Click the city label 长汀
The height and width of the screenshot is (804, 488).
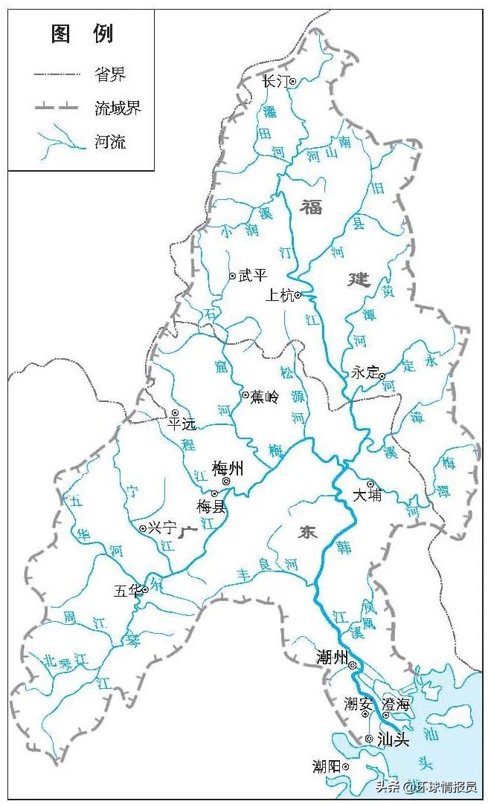[275, 82]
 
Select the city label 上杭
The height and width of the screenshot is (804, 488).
[280, 296]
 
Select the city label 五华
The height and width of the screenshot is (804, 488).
[126, 591]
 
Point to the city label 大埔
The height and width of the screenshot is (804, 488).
[367, 495]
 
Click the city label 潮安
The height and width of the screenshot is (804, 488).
[357, 703]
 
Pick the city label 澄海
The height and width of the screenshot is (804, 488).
[395, 704]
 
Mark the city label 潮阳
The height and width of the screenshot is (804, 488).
[328, 766]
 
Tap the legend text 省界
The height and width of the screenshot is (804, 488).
[110, 75]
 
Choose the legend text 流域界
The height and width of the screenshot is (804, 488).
[118, 108]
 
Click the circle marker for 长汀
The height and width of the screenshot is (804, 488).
[293, 82]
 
